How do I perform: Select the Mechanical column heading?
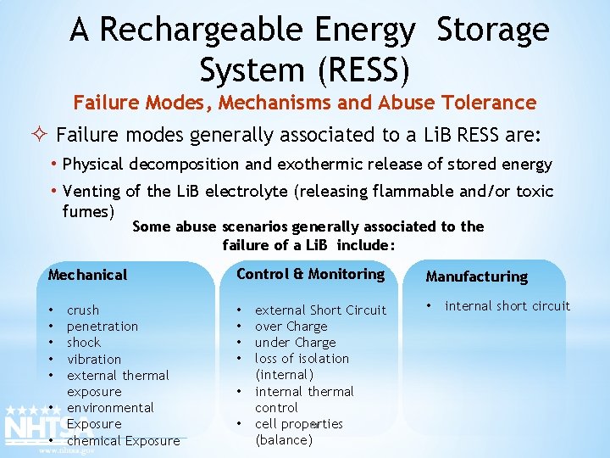pos(88,275)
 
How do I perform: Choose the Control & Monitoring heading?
pos(310,274)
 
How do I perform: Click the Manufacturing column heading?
pos(476,276)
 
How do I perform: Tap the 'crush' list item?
pos(83,310)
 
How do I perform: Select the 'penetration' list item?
pos(102,327)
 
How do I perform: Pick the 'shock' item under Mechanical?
pos(83,343)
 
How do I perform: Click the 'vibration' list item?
pos(94,359)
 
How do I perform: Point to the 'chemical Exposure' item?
pos(123,440)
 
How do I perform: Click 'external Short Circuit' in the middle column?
pos(320,310)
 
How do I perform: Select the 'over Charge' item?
pos(291,327)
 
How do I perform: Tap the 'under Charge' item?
pos(295,343)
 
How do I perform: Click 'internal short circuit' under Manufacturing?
pos(507,306)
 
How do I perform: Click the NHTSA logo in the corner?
pos(34,428)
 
